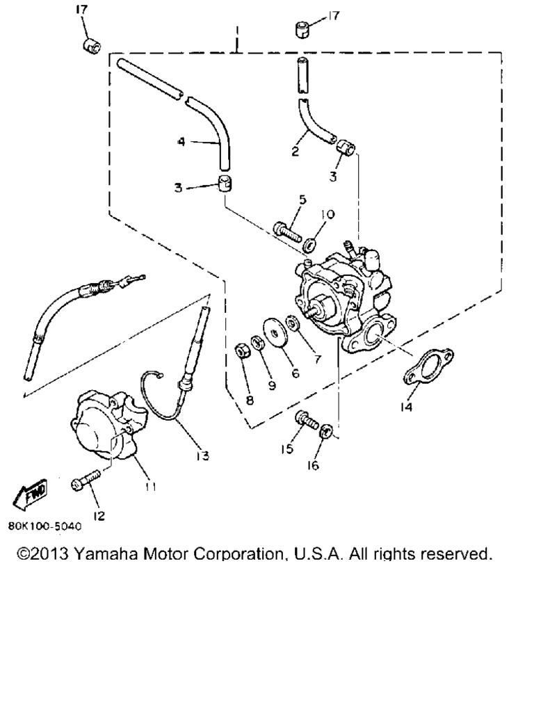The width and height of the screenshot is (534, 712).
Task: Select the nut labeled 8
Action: coord(241,351)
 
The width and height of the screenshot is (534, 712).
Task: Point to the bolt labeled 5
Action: coord(287,231)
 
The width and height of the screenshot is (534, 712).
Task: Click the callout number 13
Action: coord(202,455)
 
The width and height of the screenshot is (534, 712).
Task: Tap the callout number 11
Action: coord(150,486)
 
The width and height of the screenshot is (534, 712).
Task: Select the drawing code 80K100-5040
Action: coord(45,526)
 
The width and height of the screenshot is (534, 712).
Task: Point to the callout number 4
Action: coord(181,142)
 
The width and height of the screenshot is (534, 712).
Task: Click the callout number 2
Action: coord(295,151)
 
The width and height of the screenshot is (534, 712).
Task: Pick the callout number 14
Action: coord(406,407)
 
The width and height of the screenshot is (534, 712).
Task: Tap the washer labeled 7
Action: coord(292,323)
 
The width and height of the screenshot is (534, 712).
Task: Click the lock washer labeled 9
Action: coord(258,342)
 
